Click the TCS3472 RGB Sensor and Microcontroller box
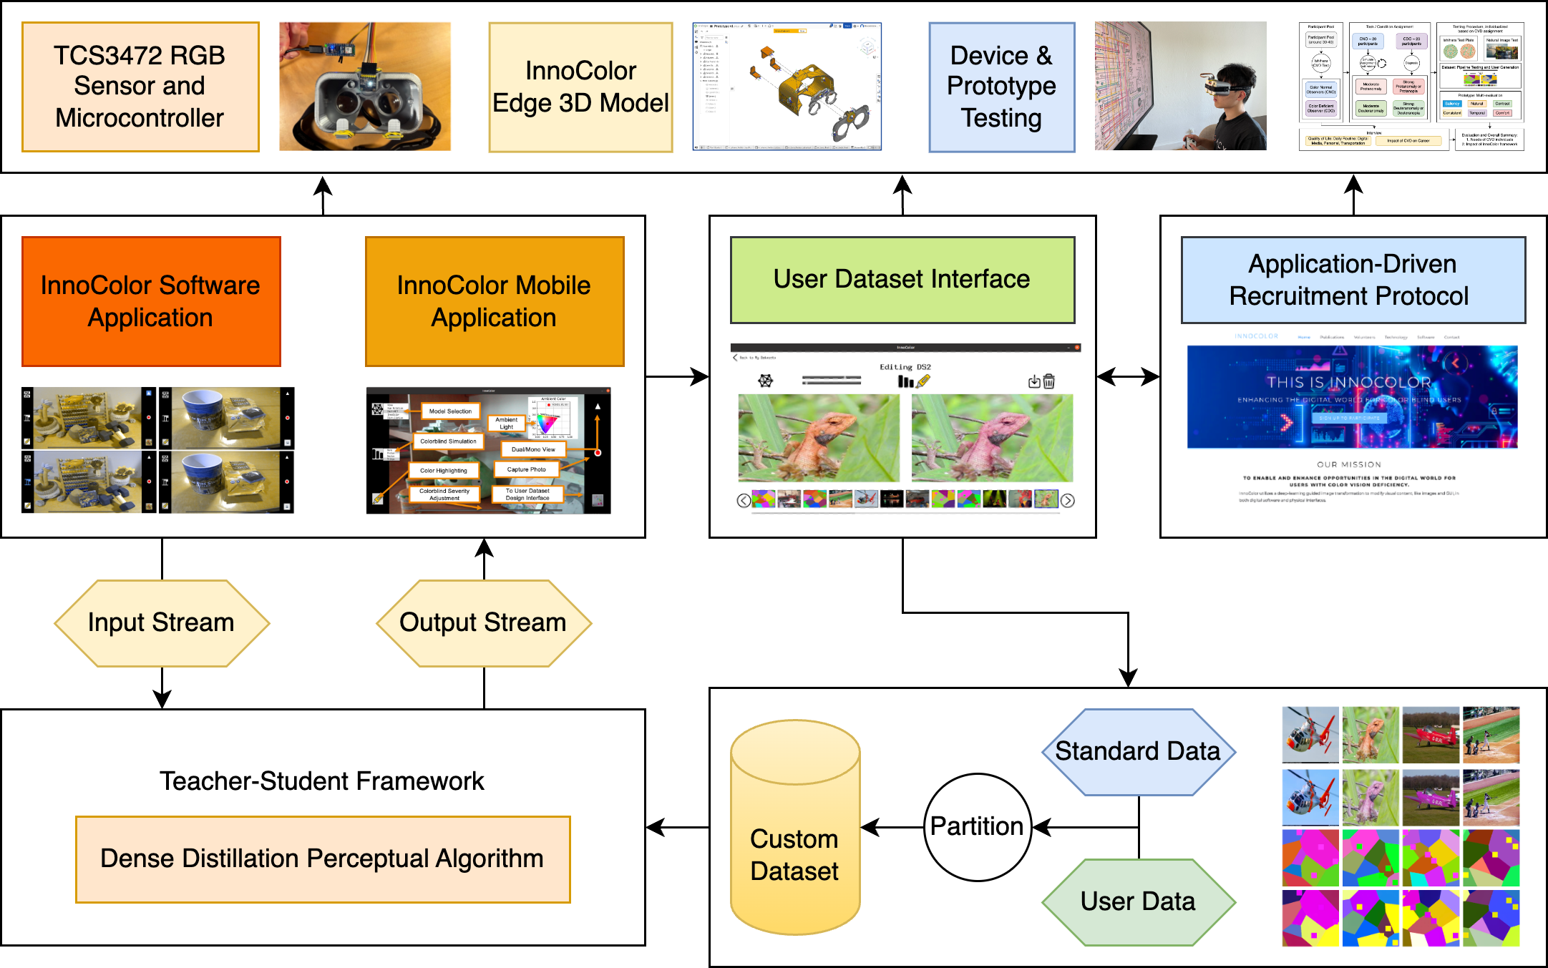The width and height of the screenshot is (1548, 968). [x=140, y=87]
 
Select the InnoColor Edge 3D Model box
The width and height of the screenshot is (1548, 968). [x=580, y=87]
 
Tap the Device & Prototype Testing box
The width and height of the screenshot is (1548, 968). [x=1001, y=87]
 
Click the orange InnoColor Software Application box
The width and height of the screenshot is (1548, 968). [x=151, y=301]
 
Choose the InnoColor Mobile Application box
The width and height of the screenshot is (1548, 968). [x=495, y=301]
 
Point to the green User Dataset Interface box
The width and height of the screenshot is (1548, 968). [x=902, y=280]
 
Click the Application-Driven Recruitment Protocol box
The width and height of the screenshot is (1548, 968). [x=1353, y=280]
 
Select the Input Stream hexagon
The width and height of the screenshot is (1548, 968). [x=162, y=623]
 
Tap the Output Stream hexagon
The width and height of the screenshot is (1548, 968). [x=484, y=623]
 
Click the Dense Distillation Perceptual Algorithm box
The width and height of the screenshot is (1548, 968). [x=323, y=859]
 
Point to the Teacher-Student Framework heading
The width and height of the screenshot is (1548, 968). [x=322, y=781]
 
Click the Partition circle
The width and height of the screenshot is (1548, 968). [x=978, y=827]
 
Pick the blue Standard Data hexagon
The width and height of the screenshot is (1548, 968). [x=1139, y=752]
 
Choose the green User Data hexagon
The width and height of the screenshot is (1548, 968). [x=1139, y=902]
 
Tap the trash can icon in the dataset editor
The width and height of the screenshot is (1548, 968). [x=1049, y=381]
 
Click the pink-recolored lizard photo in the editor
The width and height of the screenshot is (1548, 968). [x=992, y=437]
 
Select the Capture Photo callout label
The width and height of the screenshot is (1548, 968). [x=526, y=469]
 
